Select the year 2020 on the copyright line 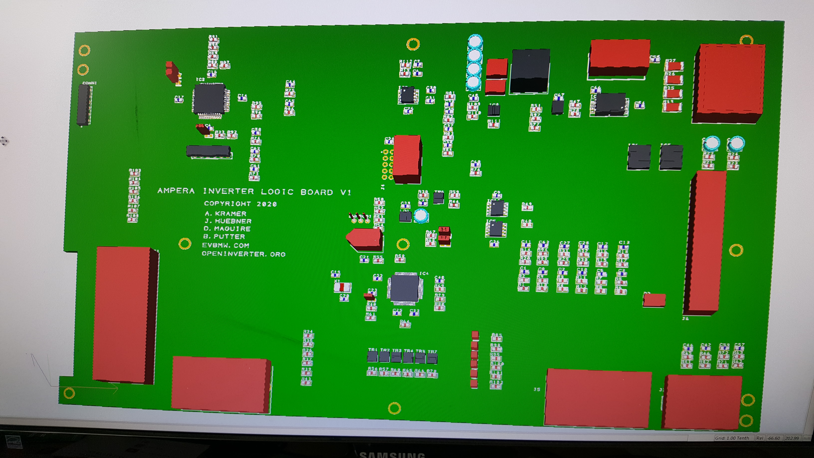point(267,204)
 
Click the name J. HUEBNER point(228,221)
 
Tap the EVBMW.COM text point(225,245)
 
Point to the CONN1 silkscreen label point(90,83)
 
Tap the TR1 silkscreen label point(373,350)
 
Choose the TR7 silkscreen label point(432,351)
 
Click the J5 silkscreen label point(537,389)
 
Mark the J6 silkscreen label point(685,319)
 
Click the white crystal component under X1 point(342,287)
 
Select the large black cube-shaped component point(530,71)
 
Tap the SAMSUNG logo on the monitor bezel point(392,455)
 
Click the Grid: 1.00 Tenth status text point(732,438)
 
